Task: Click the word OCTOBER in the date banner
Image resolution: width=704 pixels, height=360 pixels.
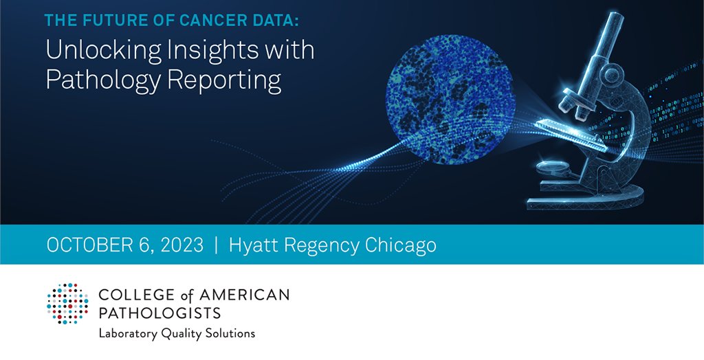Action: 89,245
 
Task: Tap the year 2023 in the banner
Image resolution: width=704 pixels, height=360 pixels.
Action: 178,245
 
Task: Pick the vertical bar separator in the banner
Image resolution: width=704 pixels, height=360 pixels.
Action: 216,245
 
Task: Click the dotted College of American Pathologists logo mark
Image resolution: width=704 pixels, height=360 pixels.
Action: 67,303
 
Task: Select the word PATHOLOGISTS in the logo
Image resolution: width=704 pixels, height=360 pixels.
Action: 159,313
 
